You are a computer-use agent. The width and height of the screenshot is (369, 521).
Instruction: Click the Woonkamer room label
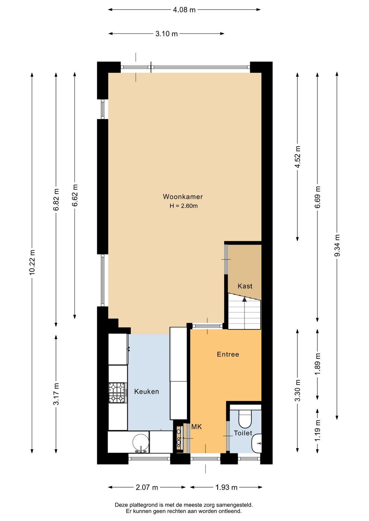[x=183, y=197]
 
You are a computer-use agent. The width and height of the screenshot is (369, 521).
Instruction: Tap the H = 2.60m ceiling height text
[x=183, y=206]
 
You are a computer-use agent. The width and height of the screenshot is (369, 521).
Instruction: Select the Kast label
[x=245, y=286]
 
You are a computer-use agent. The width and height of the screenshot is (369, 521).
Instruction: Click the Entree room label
[x=228, y=354]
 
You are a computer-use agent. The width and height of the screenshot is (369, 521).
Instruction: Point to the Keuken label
[x=147, y=392]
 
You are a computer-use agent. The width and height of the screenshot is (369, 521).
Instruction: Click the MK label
[x=196, y=427]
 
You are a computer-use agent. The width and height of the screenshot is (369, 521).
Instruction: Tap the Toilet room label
[x=243, y=433]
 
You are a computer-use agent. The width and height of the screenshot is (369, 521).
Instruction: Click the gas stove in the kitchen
[x=118, y=393]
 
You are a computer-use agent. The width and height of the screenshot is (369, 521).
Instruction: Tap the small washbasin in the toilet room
[x=257, y=443]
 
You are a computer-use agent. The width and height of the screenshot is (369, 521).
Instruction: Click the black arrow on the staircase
[x=244, y=299]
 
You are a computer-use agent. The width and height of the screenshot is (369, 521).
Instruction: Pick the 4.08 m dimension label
[x=184, y=10]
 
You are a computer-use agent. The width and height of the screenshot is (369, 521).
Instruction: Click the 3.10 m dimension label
[x=166, y=34]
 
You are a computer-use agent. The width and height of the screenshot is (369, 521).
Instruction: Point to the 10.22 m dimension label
[x=32, y=262]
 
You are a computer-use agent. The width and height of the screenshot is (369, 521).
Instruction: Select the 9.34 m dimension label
[x=337, y=245]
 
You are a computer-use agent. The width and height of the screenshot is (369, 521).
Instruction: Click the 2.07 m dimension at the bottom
[x=147, y=487]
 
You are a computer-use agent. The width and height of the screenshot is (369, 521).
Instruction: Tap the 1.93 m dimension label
[x=226, y=487]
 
